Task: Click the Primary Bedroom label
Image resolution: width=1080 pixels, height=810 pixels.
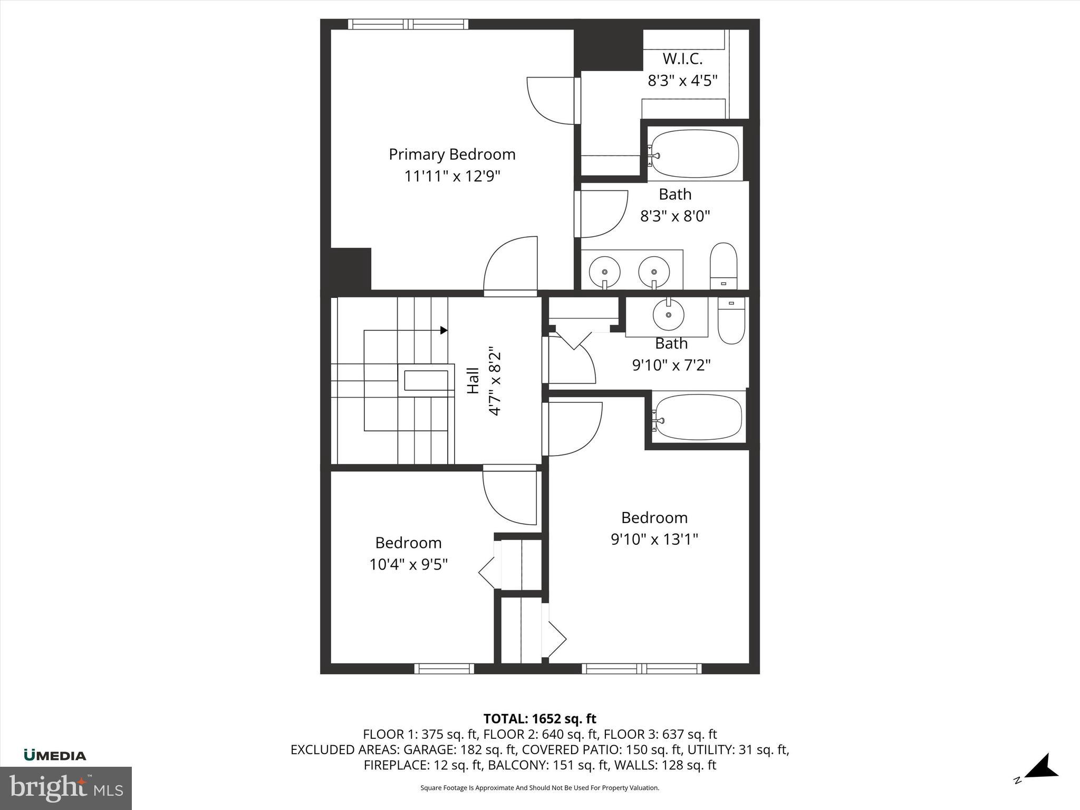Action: coord(452,154)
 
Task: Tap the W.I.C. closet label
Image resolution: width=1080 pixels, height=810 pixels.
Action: coord(682,59)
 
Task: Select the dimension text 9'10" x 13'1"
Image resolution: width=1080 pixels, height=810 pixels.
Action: coord(654,539)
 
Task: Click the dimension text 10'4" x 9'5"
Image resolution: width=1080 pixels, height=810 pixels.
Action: coord(408,564)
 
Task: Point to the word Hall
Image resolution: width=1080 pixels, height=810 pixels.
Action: coord(473,380)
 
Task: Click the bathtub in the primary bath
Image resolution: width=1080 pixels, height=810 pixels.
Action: coord(695,153)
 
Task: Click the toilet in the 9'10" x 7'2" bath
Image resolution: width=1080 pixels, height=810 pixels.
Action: coord(731,320)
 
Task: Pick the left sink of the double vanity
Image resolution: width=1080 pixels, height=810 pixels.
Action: coord(604,272)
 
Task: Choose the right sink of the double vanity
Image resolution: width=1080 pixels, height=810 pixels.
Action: coord(654,272)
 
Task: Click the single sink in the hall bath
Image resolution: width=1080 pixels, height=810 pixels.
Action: coord(669,315)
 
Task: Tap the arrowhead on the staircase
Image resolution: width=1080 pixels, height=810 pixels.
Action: coord(444,330)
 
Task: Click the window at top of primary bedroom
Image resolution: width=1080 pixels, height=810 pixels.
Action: coord(408,24)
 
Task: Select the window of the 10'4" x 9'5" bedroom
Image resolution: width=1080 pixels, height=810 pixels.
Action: coord(444,669)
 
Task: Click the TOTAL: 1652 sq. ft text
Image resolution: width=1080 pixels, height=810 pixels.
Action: coord(539,719)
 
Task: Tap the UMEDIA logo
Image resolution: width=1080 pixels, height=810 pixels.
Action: coord(55,755)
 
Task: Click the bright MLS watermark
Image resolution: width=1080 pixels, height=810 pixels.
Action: coord(65,788)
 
